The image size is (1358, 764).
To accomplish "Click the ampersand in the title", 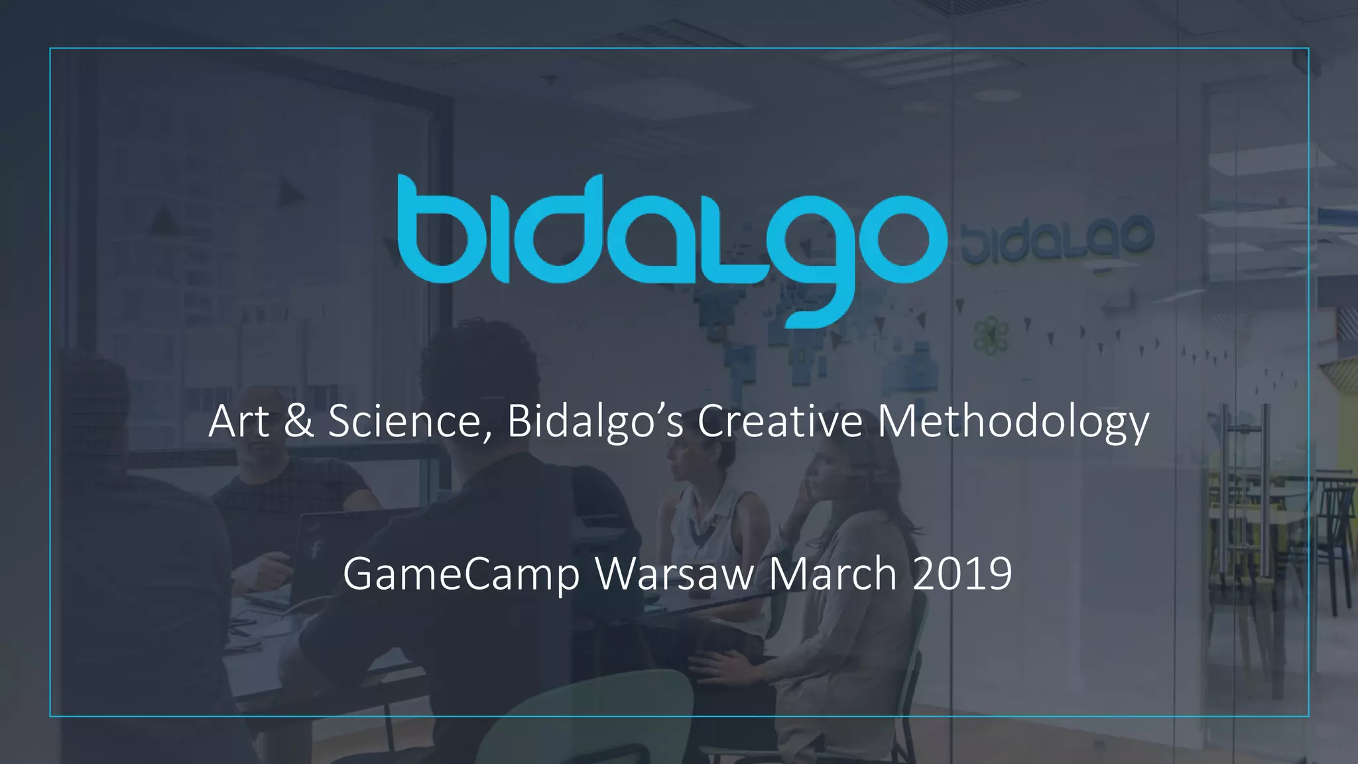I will (x=298, y=421).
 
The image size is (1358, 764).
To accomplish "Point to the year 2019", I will (x=962, y=574).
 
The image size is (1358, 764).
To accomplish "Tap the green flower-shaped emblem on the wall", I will (x=991, y=336).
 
